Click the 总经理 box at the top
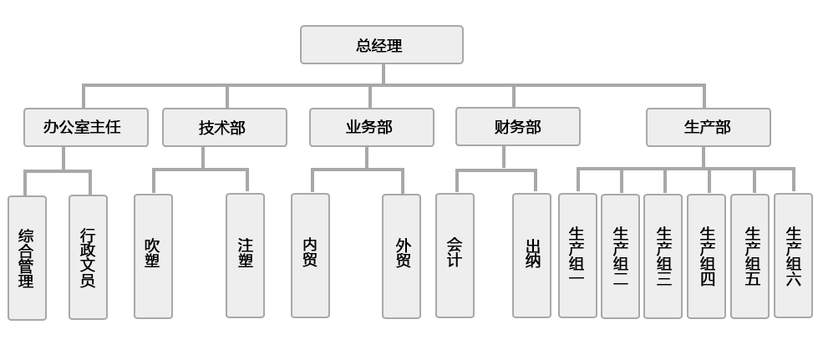381,45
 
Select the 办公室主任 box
85,128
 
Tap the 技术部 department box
224,128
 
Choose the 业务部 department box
371,128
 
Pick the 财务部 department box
517,128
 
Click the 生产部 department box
708,128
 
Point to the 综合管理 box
27,257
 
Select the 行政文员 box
88,257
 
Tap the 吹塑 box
153,256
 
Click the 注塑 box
245,256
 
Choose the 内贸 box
310,256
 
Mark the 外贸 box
402,256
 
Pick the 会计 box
455,256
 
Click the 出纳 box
532,256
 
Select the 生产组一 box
577,256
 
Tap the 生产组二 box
620,256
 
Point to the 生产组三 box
663,256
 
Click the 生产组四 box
707,256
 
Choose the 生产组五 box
750,256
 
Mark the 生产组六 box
793,256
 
